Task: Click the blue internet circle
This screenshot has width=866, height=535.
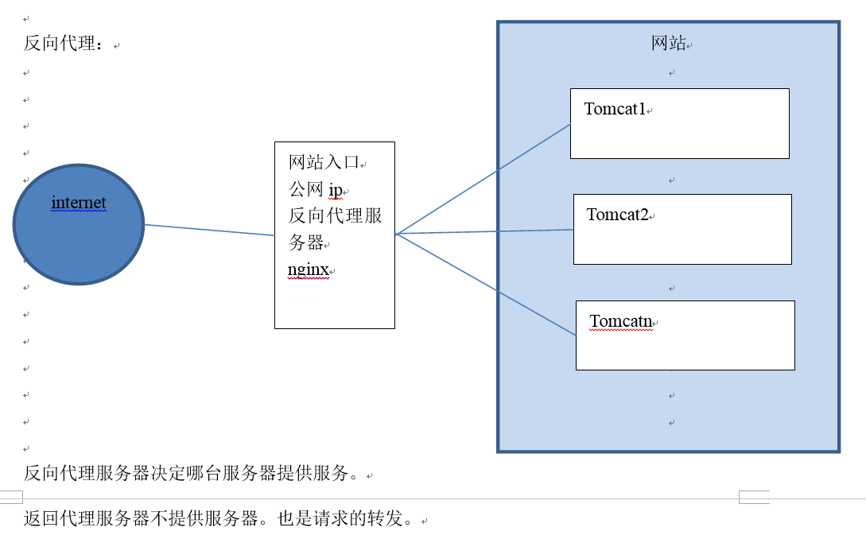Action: [x=79, y=238]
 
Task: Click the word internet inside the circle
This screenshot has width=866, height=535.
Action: [x=79, y=203]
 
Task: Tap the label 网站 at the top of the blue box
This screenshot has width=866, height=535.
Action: [x=668, y=44]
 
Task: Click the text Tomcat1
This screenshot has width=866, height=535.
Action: [x=615, y=109]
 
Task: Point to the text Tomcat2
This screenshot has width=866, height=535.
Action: [x=617, y=215]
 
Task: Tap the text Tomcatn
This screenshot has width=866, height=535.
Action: [x=621, y=322]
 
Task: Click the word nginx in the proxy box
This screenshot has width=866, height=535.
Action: [x=308, y=269]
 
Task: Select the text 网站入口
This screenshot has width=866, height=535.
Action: [x=324, y=163]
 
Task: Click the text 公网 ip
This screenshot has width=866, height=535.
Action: [x=315, y=190]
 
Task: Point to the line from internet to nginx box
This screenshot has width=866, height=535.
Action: [x=209, y=230]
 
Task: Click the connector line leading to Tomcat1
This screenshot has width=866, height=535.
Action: [x=483, y=179]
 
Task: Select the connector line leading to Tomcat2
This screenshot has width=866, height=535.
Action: [x=485, y=232]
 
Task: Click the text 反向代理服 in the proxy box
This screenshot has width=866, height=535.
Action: [x=335, y=216]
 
